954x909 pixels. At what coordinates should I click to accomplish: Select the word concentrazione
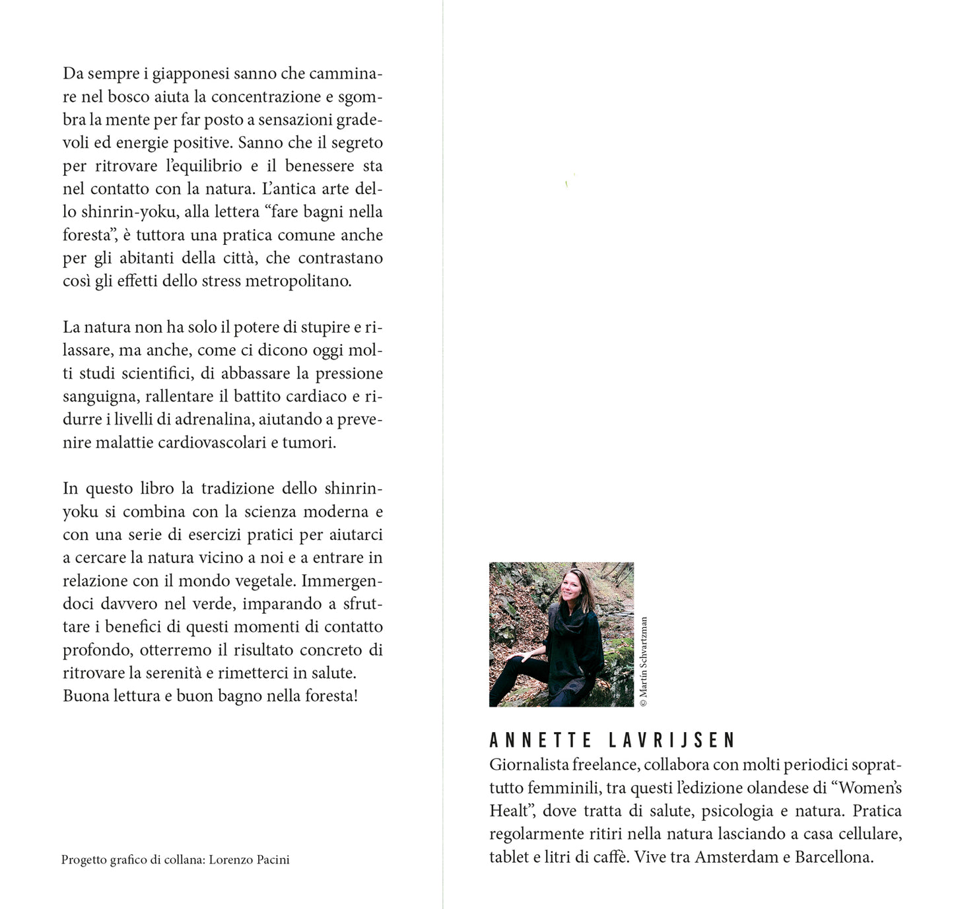[266, 97]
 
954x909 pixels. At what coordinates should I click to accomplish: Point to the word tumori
[309, 443]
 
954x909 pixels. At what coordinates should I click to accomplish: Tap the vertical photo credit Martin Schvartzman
[644, 661]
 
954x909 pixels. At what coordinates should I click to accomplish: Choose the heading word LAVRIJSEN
[671, 740]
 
